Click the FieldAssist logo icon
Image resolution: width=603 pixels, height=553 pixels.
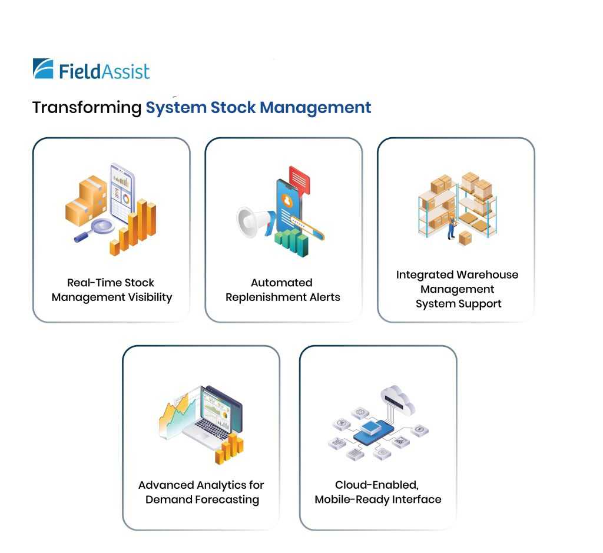pos(43,68)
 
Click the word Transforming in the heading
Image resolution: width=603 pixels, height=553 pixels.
pos(87,108)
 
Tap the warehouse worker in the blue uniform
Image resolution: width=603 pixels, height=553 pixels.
pos(451,227)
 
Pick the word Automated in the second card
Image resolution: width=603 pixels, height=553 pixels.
pos(281,283)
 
